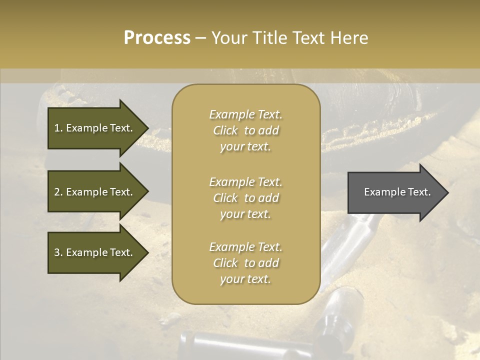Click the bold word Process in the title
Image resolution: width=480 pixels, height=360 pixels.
tap(157, 38)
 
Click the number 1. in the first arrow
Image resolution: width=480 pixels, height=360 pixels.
tap(58, 128)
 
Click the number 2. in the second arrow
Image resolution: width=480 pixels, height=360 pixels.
tap(58, 192)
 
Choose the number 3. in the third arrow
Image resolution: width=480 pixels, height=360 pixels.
tap(58, 252)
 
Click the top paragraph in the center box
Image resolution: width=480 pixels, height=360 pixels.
tap(245, 130)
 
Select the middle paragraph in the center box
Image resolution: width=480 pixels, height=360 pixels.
tap(245, 198)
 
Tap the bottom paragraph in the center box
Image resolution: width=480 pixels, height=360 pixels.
tap(245, 263)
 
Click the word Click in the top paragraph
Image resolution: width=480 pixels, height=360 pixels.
tap(225, 130)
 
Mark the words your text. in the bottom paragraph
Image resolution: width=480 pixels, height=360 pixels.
tap(245, 279)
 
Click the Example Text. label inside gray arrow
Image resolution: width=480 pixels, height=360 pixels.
tap(397, 192)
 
